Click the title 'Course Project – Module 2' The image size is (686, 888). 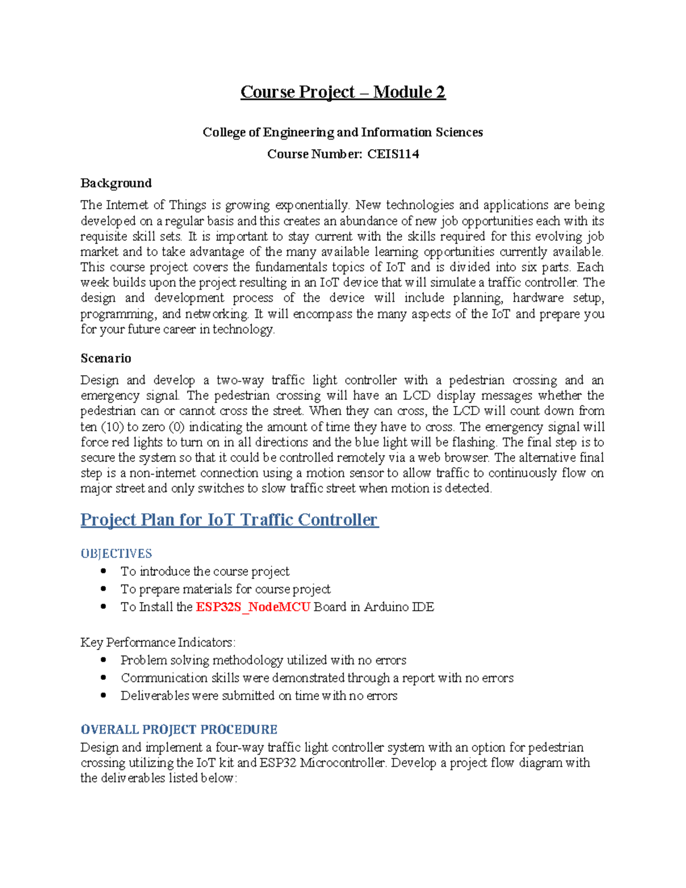point(342,92)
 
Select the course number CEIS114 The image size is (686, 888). point(393,154)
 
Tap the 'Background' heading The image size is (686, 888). point(116,183)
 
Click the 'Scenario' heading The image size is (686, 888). point(106,359)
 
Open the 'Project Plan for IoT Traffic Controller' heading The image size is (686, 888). point(229,520)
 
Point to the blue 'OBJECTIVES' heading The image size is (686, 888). point(116,553)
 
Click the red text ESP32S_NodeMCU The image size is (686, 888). point(253,607)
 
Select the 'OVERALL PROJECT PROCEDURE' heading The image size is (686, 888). point(179,730)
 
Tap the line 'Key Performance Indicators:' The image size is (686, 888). point(158,643)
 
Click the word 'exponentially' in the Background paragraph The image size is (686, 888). point(312,205)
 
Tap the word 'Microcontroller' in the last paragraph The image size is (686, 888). point(343,763)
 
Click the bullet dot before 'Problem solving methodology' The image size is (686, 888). point(103,660)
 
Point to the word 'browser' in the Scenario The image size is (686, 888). point(466,458)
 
